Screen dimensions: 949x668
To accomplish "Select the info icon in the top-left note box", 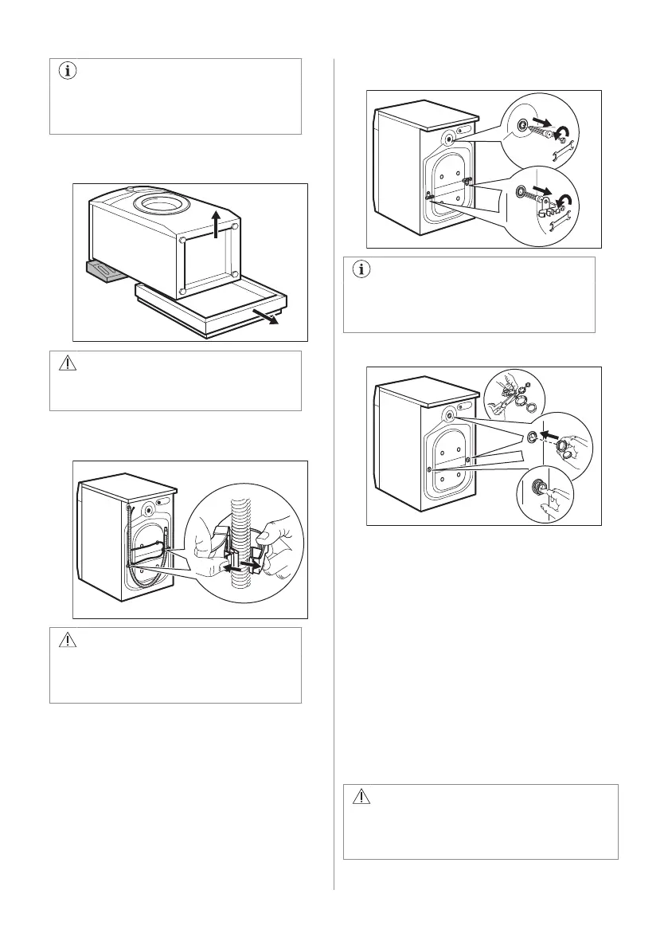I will (x=66, y=71).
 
